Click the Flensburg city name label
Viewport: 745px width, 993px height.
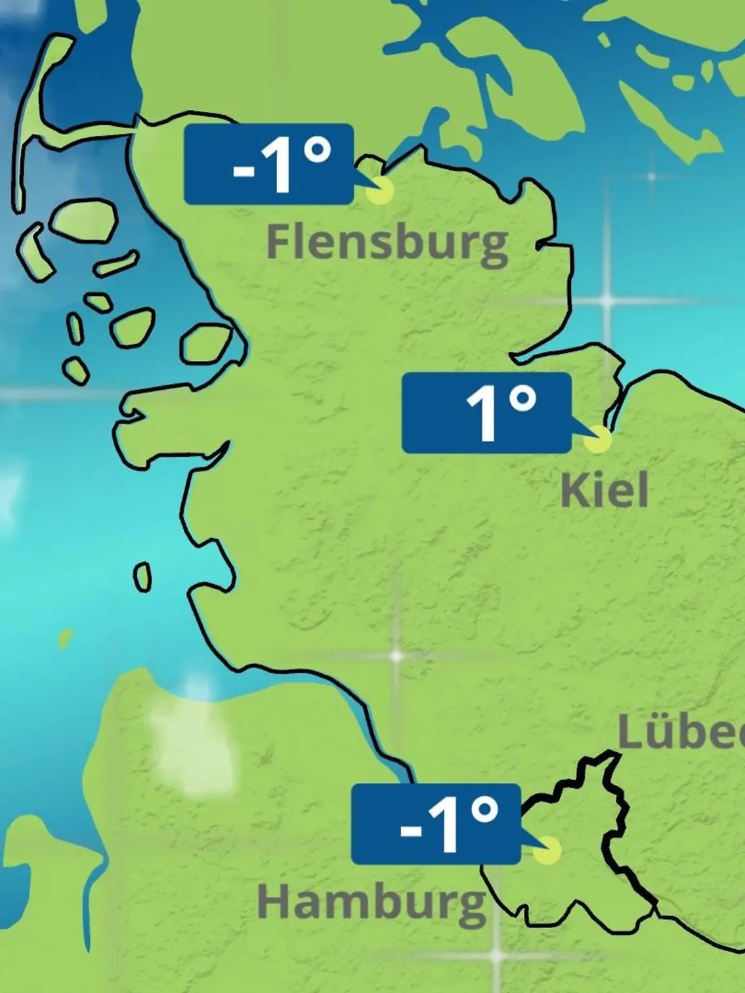386,243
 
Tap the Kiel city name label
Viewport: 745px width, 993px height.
604,490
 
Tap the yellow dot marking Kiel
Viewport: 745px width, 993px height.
598,439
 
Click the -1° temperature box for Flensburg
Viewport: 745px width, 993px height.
269,164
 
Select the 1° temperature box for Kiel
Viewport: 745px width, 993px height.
486,413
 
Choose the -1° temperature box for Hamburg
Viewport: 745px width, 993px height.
435,824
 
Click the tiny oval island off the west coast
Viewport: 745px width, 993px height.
143,577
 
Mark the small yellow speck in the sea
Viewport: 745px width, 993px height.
65,638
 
